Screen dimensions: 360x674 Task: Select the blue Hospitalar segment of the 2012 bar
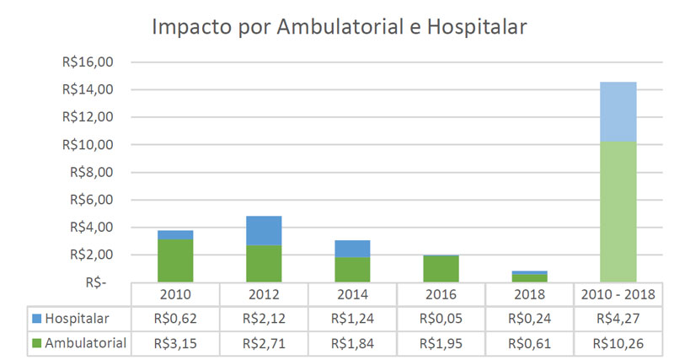[x=264, y=230]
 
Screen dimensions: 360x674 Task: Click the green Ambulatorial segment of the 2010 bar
[x=175, y=261]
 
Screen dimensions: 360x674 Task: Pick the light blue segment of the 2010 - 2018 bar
[x=618, y=111]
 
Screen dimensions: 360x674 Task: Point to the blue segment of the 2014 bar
[x=352, y=249]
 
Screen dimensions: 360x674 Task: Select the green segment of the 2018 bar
[x=529, y=277]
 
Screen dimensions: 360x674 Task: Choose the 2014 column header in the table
[x=352, y=295]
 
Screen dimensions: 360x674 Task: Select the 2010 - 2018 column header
[x=618, y=295]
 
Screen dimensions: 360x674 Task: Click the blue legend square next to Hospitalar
[x=36, y=319]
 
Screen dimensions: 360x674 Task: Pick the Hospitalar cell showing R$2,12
[x=264, y=319]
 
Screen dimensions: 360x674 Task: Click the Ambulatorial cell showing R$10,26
[x=618, y=342]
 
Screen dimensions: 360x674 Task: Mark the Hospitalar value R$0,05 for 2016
[x=441, y=319]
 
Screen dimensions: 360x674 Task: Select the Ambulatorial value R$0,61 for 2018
[x=529, y=342]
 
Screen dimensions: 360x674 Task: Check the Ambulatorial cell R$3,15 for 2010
[x=175, y=342]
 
